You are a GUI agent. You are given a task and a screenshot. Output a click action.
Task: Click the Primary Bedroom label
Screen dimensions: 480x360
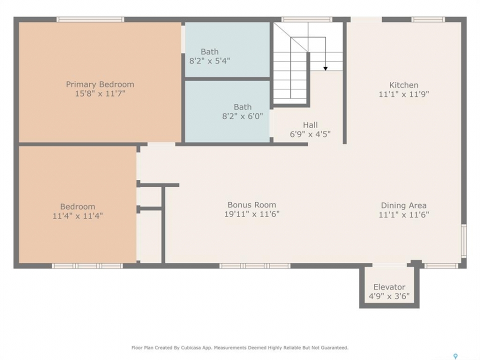coord(100,84)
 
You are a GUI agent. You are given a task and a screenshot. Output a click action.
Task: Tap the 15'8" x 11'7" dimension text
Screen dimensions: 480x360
coord(100,93)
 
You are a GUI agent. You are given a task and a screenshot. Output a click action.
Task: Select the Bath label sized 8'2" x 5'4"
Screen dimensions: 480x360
coord(209,51)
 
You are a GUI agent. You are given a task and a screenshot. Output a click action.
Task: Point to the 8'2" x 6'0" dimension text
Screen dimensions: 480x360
coord(242,116)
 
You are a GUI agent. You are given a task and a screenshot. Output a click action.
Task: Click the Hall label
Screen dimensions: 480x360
coord(310,125)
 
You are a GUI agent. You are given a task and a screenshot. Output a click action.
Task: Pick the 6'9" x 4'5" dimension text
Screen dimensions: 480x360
coord(310,134)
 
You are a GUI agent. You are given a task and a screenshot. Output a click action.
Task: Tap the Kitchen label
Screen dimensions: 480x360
coord(404,85)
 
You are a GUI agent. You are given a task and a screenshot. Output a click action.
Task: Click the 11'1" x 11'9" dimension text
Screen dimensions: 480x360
coord(404,94)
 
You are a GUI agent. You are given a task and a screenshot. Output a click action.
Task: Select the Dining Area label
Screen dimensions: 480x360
coord(404,205)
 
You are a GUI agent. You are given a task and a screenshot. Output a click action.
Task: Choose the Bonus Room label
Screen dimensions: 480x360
coord(251,205)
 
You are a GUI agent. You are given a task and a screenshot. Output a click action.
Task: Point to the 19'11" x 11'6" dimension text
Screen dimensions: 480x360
coord(251,214)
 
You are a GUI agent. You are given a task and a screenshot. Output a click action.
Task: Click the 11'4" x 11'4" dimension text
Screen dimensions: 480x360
coord(78,216)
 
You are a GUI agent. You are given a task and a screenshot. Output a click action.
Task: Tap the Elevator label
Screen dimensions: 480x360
coord(389,287)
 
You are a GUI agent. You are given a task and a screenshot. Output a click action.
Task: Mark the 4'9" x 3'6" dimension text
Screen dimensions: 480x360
coord(389,296)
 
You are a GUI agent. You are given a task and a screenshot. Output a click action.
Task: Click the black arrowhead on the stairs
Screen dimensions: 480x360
coord(325,68)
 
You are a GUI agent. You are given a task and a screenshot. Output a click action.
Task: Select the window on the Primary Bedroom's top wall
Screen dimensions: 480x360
coord(90,19)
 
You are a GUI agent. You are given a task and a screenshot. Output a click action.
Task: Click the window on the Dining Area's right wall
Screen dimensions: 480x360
coord(464,241)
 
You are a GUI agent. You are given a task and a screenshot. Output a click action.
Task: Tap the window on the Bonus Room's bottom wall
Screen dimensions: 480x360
coord(255,265)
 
